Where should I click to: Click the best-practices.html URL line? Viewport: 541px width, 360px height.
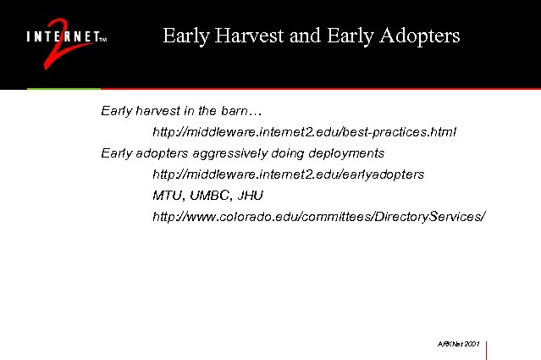coord(304,132)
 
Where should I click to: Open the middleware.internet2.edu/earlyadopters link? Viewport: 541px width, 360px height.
coord(288,174)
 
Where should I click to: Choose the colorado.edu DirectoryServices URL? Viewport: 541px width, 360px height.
coord(318,217)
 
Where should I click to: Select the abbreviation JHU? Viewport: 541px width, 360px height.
coord(251,195)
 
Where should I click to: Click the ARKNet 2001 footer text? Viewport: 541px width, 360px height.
coord(459,346)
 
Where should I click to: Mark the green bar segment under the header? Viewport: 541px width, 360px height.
coord(63,88)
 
